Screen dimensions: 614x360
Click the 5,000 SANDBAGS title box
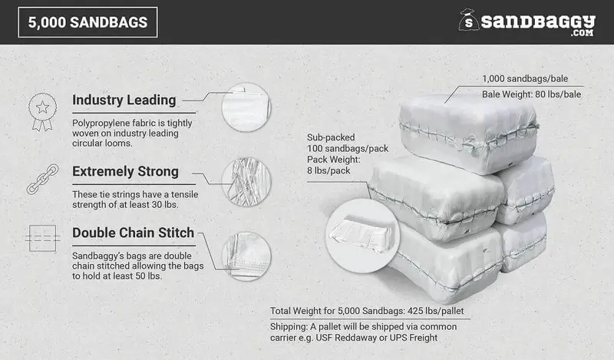(x=87, y=22)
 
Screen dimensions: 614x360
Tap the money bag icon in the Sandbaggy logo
(x=469, y=20)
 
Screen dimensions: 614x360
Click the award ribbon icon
(x=42, y=111)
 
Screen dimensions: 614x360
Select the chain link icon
(x=42, y=179)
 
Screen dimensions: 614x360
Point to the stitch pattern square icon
(x=42, y=238)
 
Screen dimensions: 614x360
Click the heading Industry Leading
(x=124, y=100)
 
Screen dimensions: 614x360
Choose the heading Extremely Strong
(x=125, y=172)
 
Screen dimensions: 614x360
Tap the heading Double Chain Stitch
(x=133, y=233)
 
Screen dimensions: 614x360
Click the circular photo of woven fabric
(x=246, y=107)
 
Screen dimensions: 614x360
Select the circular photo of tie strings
(x=246, y=182)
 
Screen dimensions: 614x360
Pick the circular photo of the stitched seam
(x=246, y=256)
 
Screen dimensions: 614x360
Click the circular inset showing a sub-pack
(x=362, y=236)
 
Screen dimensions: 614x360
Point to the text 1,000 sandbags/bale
(x=525, y=79)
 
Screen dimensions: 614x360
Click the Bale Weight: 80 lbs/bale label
(x=531, y=94)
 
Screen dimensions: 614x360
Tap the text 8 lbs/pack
(x=328, y=171)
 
